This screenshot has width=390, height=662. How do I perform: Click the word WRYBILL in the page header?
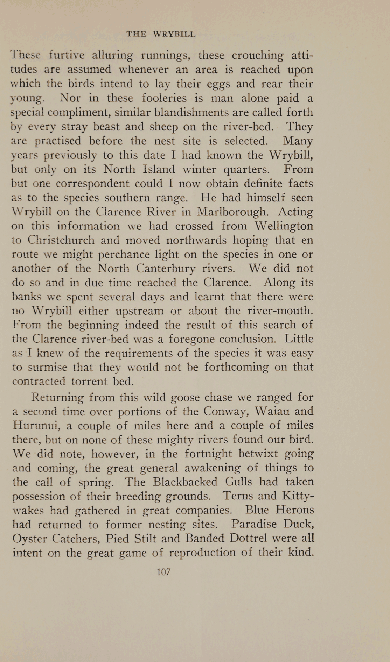point(174,34)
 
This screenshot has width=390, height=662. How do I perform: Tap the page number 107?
point(163,572)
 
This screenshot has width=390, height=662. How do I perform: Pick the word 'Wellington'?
point(284,226)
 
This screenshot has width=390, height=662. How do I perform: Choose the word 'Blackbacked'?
point(185,482)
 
